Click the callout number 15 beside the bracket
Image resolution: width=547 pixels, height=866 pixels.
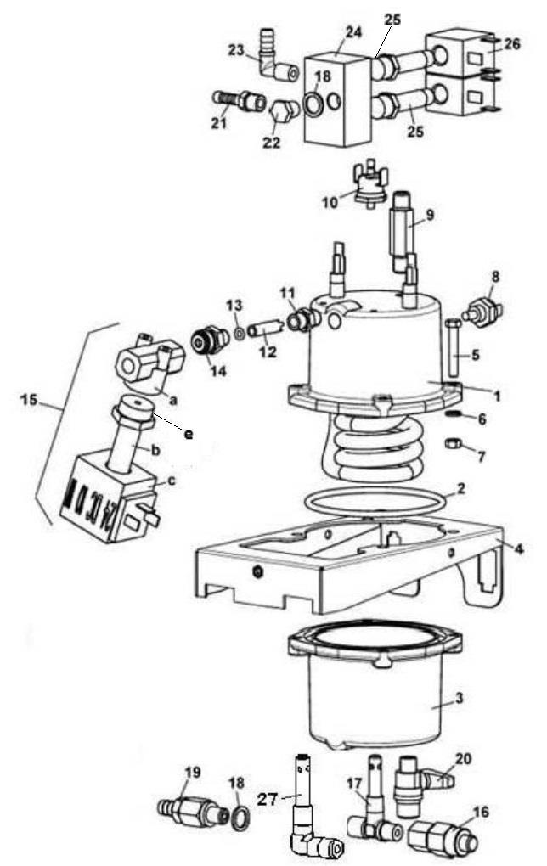[x=28, y=398]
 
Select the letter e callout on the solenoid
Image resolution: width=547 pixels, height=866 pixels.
[x=188, y=433]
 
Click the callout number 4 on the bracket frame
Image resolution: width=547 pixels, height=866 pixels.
[x=518, y=548]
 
